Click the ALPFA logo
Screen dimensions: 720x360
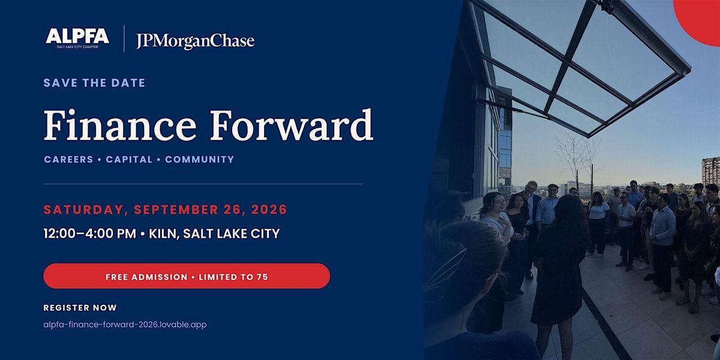[77, 38]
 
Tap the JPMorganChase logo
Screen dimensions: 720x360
[195, 41]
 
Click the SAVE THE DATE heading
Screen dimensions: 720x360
[94, 83]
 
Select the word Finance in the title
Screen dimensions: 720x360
[119, 125]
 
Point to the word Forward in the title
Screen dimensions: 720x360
[292, 125]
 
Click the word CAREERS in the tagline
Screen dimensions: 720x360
[68, 160]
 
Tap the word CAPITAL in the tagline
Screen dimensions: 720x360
[129, 160]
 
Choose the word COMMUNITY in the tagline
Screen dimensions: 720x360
[200, 160]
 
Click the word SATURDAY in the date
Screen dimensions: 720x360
[83, 210]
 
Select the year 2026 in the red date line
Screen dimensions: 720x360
[269, 209]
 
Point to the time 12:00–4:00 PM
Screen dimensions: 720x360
[89, 233]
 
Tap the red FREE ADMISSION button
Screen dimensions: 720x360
[187, 276]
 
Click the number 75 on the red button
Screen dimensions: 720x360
[262, 277]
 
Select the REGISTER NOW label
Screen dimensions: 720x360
[80, 308]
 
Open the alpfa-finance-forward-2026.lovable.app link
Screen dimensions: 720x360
[125, 325]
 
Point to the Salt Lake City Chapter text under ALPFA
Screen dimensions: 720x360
[77, 47]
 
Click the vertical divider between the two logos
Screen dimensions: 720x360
[124, 38]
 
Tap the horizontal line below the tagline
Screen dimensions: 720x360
[203, 184]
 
